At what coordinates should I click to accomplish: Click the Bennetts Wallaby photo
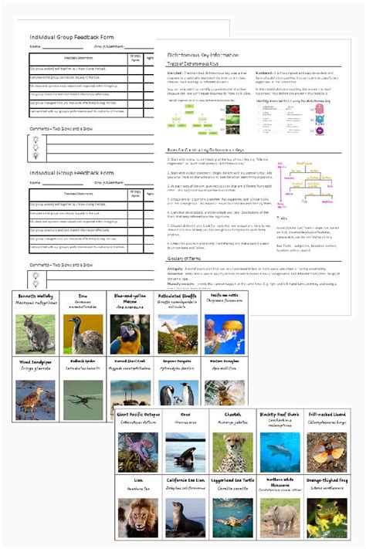click(x=36, y=334)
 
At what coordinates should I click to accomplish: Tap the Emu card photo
click(x=83, y=334)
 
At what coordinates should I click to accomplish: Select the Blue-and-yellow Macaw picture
click(x=130, y=334)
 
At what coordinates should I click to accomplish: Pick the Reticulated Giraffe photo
click(x=178, y=334)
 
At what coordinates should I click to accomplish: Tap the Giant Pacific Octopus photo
click(x=137, y=452)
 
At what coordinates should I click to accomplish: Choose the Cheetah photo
click(x=232, y=452)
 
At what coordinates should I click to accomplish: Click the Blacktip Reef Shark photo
click(x=280, y=452)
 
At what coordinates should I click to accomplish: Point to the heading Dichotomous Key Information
click(x=203, y=56)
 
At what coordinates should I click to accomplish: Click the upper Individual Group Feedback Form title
click(x=72, y=37)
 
